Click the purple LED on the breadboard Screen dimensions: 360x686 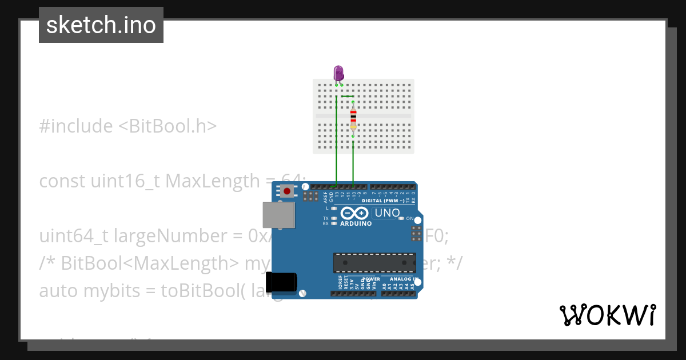[x=338, y=73]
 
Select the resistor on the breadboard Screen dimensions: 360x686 [x=353, y=119]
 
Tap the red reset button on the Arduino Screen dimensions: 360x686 [x=286, y=191]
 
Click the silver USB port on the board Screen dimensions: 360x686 [x=279, y=215]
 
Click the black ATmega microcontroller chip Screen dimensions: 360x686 [x=374, y=263]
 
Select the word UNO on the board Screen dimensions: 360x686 [x=387, y=213]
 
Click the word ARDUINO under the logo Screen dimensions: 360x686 [x=356, y=223]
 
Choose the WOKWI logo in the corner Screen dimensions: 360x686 [x=607, y=315]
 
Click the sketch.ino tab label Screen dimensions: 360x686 [x=101, y=25]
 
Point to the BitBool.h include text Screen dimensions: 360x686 [x=167, y=126]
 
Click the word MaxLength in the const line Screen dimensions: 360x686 [x=212, y=181]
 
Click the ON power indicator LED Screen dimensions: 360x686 [x=401, y=218]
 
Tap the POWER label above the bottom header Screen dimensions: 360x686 [x=372, y=279]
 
